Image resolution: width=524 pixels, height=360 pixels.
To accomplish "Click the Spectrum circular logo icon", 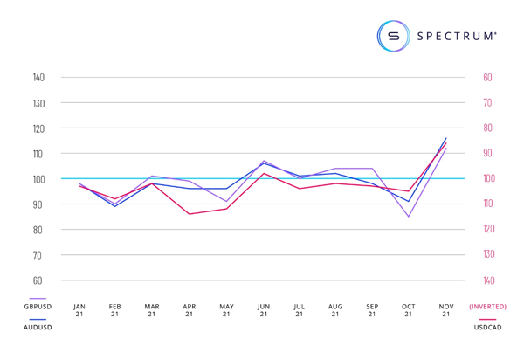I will tap(393, 36).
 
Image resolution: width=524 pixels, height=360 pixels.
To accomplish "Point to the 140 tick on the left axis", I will tap(38, 78).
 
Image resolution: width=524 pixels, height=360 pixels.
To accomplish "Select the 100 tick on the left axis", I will tap(38, 179).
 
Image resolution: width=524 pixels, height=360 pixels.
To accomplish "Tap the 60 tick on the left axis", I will tap(38, 280).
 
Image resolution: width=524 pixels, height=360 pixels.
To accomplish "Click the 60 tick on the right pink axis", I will tap(487, 78).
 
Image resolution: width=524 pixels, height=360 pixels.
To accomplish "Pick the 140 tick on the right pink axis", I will tap(487, 280).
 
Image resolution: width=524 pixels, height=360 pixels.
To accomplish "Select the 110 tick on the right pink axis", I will tap(487, 204).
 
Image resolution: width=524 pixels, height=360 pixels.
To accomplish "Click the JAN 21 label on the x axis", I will tap(79, 310).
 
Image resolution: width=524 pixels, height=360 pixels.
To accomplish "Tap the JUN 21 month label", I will tap(264, 310).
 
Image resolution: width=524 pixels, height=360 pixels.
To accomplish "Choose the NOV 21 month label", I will tap(446, 310).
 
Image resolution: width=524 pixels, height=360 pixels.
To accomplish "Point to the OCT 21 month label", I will tap(409, 310).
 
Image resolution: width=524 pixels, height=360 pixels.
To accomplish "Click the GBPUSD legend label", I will tap(37, 307).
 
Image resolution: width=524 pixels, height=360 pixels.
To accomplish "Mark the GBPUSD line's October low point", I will tap(408, 217).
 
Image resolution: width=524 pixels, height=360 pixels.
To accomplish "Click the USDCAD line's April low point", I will tap(189, 214).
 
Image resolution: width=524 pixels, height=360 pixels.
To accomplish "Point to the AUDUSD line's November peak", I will tap(446, 138).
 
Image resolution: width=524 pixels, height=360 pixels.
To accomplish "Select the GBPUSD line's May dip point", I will tap(226, 202).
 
